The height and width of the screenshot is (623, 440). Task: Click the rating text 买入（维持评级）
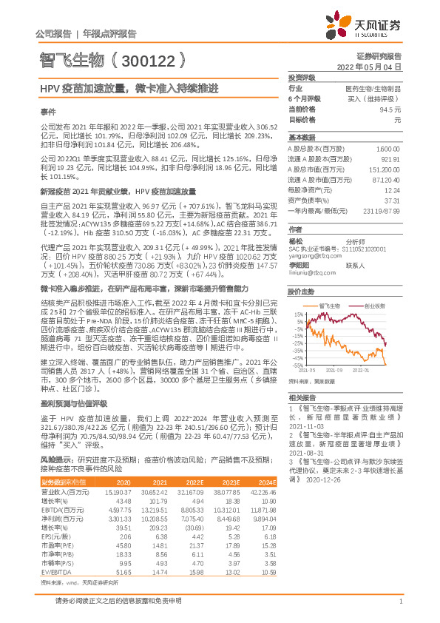[x=377, y=98]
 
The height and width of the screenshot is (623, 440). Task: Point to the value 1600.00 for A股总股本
[x=389, y=148]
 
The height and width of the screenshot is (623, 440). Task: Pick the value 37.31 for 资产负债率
[x=392, y=200]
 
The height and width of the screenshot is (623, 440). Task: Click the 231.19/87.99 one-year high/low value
[x=385, y=210]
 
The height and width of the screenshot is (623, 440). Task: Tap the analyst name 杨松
[x=296, y=240]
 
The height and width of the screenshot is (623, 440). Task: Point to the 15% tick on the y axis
[x=298, y=314]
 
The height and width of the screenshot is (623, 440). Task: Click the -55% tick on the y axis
[x=297, y=366]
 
